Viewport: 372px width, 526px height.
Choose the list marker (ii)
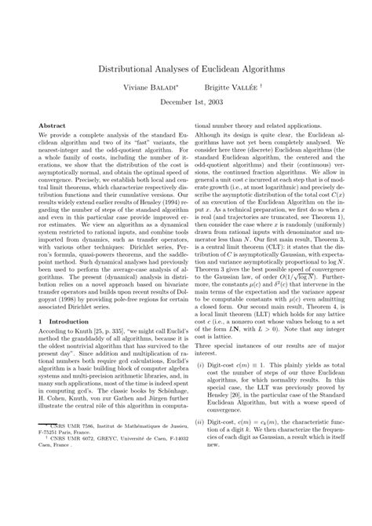coord(202,466)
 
